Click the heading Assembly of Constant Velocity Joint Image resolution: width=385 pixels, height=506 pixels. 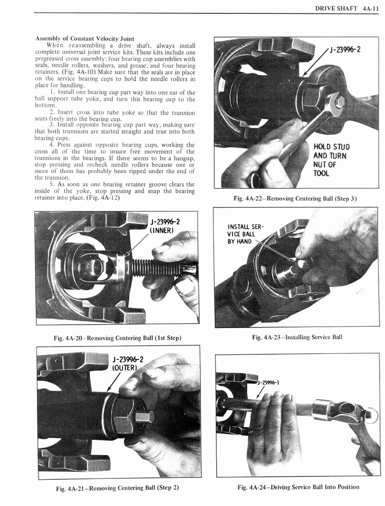coord(84,39)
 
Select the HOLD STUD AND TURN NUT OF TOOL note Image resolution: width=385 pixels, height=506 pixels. coord(331,160)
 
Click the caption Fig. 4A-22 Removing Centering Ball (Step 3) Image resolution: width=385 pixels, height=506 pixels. coord(295,198)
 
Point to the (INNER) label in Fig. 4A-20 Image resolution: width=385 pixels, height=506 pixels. coord(161,230)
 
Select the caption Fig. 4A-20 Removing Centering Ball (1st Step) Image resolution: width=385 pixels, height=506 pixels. coord(117,338)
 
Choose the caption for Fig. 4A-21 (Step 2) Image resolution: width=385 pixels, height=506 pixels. coord(117,488)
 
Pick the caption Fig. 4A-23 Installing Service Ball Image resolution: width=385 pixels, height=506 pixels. coord(297,337)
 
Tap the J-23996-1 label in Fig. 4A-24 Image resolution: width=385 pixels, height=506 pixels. coord(269,381)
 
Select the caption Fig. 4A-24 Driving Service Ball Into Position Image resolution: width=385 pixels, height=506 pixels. coord(298,487)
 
